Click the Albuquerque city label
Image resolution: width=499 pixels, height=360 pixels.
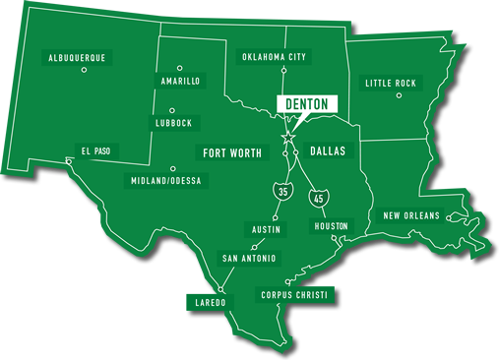pyautogui.click(x=77, y=58)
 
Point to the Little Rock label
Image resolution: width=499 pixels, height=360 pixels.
pyautogui.click(x=391, y=84)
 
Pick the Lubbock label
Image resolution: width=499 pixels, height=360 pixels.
pyautogui.click(x=173, y=123)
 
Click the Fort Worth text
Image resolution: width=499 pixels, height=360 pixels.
pyautogui.click(x=234, y=153)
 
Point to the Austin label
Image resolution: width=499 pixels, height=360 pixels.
pyautogui.click(x=266, y=229)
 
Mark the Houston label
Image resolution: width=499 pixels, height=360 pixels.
pyautogui.click(x=331, y=226)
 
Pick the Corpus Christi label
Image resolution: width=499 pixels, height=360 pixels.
pyautogui.click(x=294, y=294)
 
